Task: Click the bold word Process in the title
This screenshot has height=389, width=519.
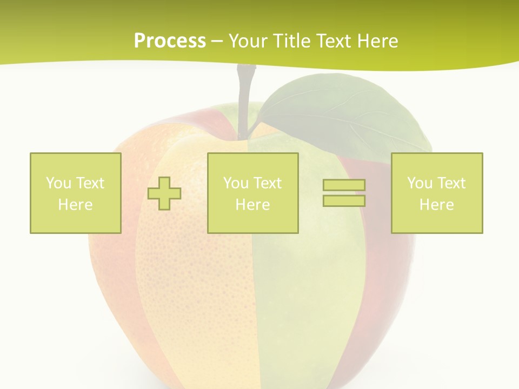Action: point(170,41)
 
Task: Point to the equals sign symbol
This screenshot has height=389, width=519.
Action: point(344,193)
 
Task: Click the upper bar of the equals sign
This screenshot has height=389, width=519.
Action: point(344,185)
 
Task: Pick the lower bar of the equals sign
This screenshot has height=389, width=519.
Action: point(344,200)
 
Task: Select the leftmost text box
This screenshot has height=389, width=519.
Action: point(76,193)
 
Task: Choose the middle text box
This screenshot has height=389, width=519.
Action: point(252,193)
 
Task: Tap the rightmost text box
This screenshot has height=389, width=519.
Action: point(437,193)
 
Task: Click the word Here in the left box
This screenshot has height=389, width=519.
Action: point(76,204)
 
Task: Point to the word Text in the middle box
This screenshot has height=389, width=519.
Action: point(268,183)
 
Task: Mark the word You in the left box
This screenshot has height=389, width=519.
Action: point(58,183)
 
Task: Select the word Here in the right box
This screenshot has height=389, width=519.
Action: point(437,204)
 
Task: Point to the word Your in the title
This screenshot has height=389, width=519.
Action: point(247,41)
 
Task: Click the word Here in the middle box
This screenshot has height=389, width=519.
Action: point(252,204)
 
